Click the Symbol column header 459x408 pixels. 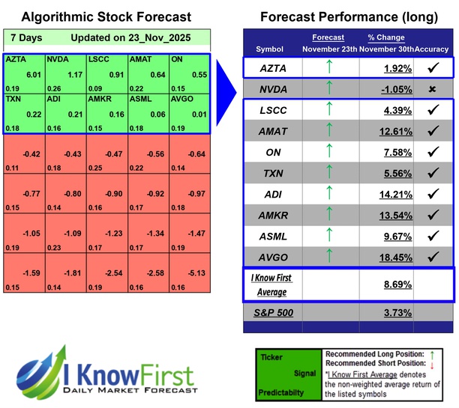tap(270, 49)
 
